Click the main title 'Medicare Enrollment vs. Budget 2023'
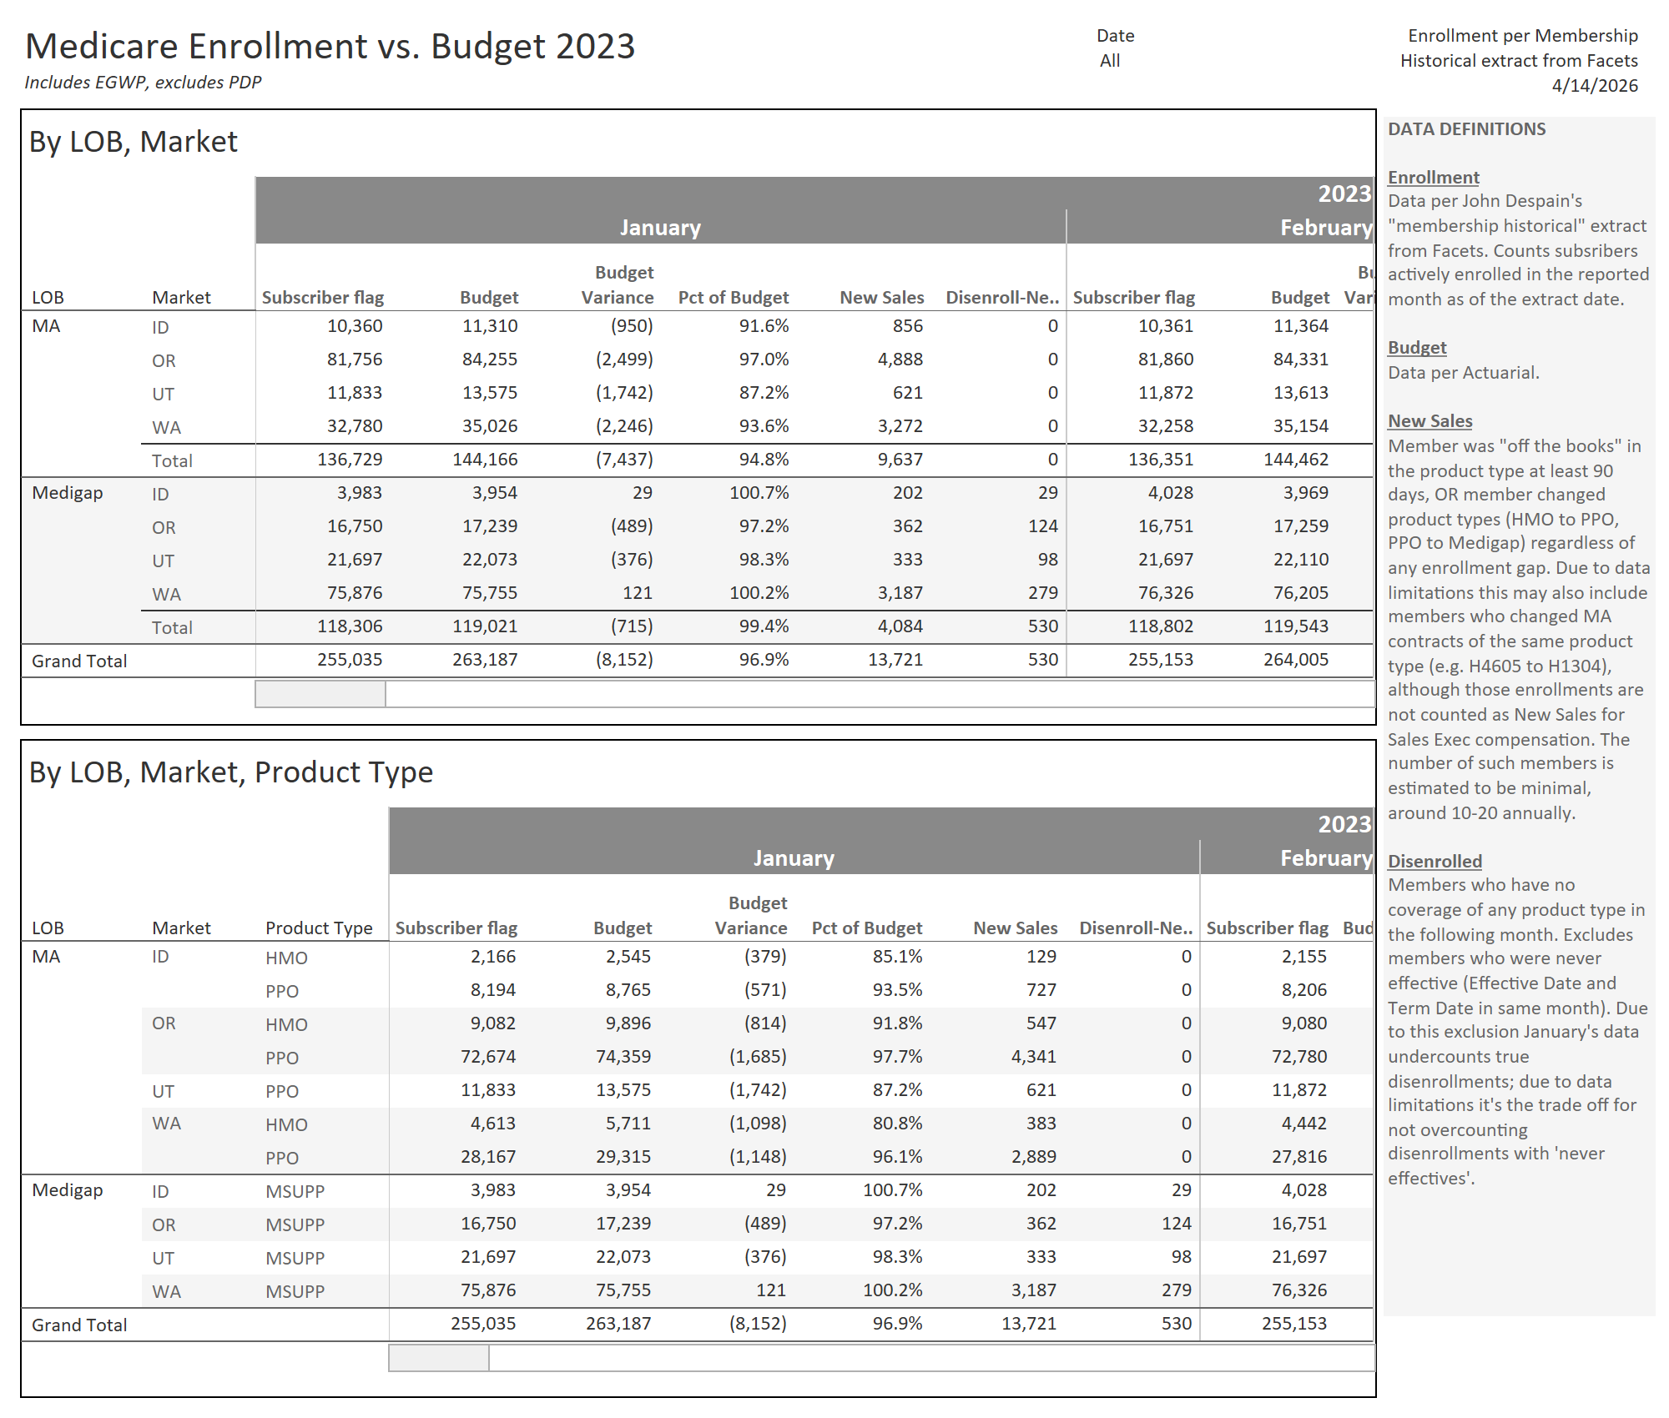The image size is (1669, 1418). pyautogui.click(x=330, y=47)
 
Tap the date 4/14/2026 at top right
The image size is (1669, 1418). pyautogui.click(x=1594, y=86)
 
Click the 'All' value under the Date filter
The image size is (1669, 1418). pyautogui.click(x=1109, y=61)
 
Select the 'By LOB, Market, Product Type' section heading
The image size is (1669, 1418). pyautogui.click(x=231, y=772)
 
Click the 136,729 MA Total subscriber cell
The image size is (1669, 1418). pyautogui.click(x=350, y=460)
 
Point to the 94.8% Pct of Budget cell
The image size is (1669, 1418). pyautogui.click(x=764, y=460)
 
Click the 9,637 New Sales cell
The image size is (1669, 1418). pyautogui.click(x=900, y=460)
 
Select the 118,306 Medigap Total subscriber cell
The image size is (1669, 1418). pyautogui.click(x=350, y=626)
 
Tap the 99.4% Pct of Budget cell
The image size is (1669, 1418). pyautogui.click(x=764, y=626)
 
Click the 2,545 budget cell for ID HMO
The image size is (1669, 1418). pyautogui.click(x=628, y=957)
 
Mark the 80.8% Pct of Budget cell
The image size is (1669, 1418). pyautogui.click(x=897, y=1124)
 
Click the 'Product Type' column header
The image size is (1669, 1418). pyautogui.click(x=319, y=928)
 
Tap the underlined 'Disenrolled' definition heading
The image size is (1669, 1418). pyautogui.click(x=1435, y=862)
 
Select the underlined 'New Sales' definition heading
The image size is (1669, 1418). pyautogui.click(x=1429, y=421)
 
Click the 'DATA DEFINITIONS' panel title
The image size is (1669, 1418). pyautogui.click(x=1466, y=129)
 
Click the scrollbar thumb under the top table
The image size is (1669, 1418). pyautogui.click(x=320, y=694)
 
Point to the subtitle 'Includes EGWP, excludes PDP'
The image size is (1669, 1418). pyautogui.click(x=143, y=83)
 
